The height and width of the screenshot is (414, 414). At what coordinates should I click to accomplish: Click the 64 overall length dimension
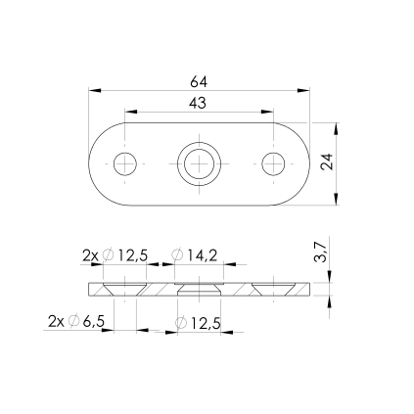pos(199,82)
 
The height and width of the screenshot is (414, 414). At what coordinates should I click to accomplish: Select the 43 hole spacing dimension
pos(198,103)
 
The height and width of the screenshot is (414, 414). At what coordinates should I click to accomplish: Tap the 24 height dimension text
pos(327,161)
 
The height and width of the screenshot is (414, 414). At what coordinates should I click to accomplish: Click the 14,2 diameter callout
pos(195,255)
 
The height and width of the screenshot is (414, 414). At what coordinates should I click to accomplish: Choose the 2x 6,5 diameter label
pos(76,321)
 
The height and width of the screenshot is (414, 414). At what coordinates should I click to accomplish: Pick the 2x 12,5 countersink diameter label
pos(115,255)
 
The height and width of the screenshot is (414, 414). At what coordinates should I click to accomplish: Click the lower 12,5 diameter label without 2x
pos(198,323)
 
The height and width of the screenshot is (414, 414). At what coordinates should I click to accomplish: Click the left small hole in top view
pos(125,163)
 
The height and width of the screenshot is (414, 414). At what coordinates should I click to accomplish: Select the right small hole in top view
pos(273,163)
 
